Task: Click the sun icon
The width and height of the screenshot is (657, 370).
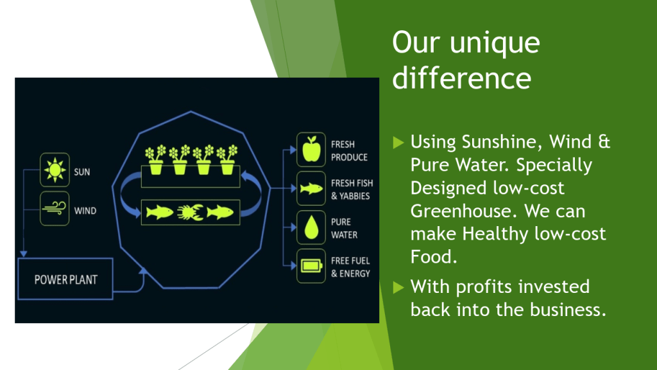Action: point(55,170)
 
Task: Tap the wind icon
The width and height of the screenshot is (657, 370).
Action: point(55,209)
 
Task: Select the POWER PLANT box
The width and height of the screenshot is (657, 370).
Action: point(65,279)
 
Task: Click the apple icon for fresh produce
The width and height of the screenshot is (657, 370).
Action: point(311,149)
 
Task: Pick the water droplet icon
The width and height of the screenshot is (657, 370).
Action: point(311,227)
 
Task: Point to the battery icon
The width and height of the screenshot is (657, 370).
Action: point(312,266)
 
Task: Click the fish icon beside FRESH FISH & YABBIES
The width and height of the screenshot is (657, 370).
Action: point(311,189)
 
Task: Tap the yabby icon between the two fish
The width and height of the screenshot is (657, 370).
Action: point(190,212)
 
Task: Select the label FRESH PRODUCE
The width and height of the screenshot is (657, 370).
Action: point(349,150)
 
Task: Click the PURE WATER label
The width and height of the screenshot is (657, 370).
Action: point(344,228)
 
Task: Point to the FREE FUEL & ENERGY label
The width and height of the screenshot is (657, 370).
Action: point(350,267)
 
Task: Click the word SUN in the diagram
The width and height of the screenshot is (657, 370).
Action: point(82,172)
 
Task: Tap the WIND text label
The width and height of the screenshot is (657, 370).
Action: point(85,211)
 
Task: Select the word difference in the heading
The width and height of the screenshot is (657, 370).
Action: point(462,78)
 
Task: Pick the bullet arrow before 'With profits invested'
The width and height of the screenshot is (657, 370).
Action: point(398,287)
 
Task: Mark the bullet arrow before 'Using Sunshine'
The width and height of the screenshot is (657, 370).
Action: point(398,143)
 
